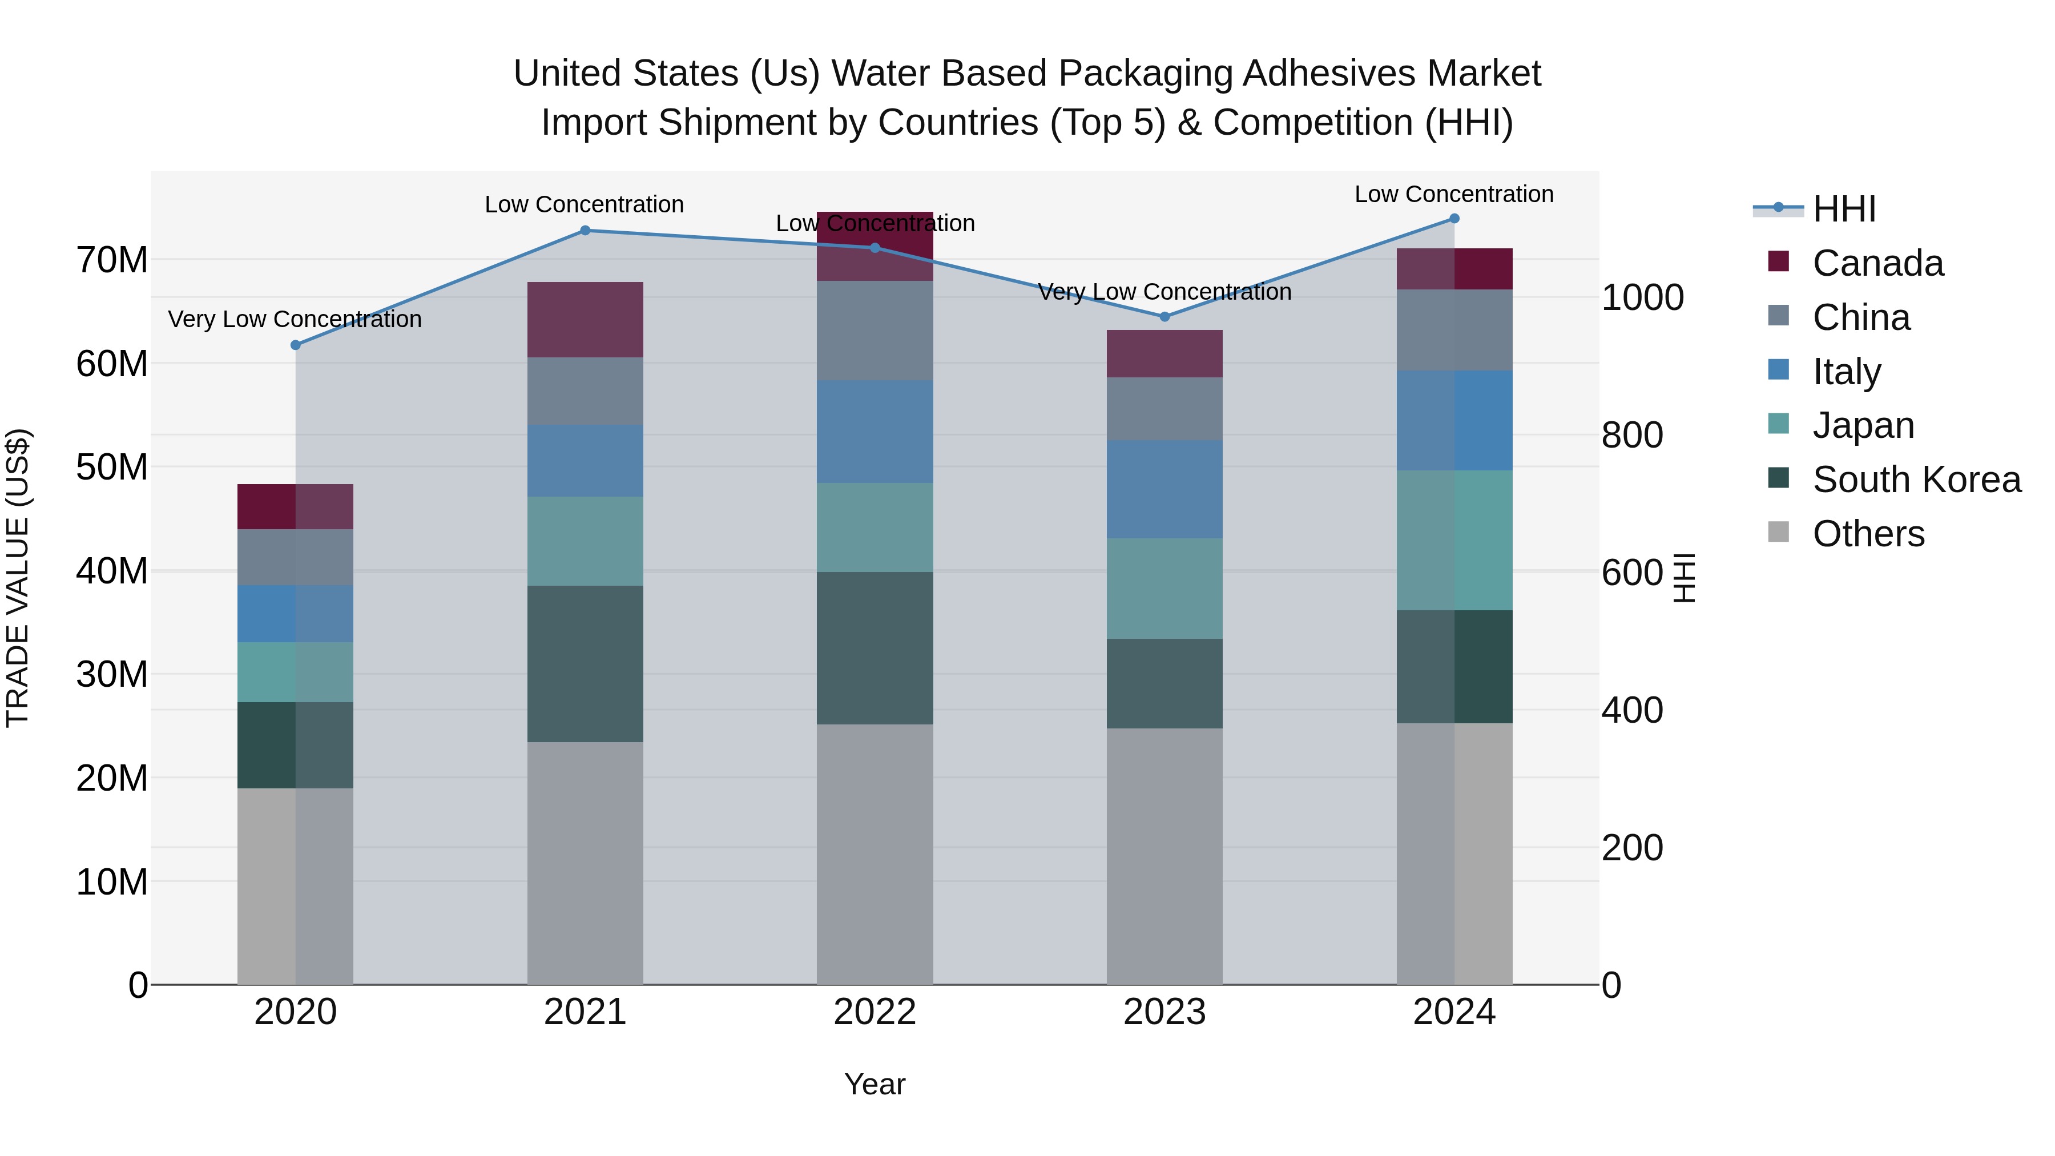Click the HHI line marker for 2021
[x=585, y=231]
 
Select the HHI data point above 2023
[x=1164, y=317]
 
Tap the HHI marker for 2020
[x=295, y=345]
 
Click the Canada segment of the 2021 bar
[x=585, y=319]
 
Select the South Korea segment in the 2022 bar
[x=875, y=648]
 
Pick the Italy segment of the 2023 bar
[x=1164, y=489]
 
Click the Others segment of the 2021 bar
[x=585, y=863]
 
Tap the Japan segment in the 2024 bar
[x=1454, y=540]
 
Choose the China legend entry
[x=1860, y=317]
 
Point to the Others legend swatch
[x=1778, y=532]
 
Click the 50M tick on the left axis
[x=112, y=468]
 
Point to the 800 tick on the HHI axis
[x=1632, y=436]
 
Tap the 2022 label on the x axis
[x=875, y=1012]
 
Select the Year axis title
[x=875, y=1084]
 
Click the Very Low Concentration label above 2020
[x=295, y=319]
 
